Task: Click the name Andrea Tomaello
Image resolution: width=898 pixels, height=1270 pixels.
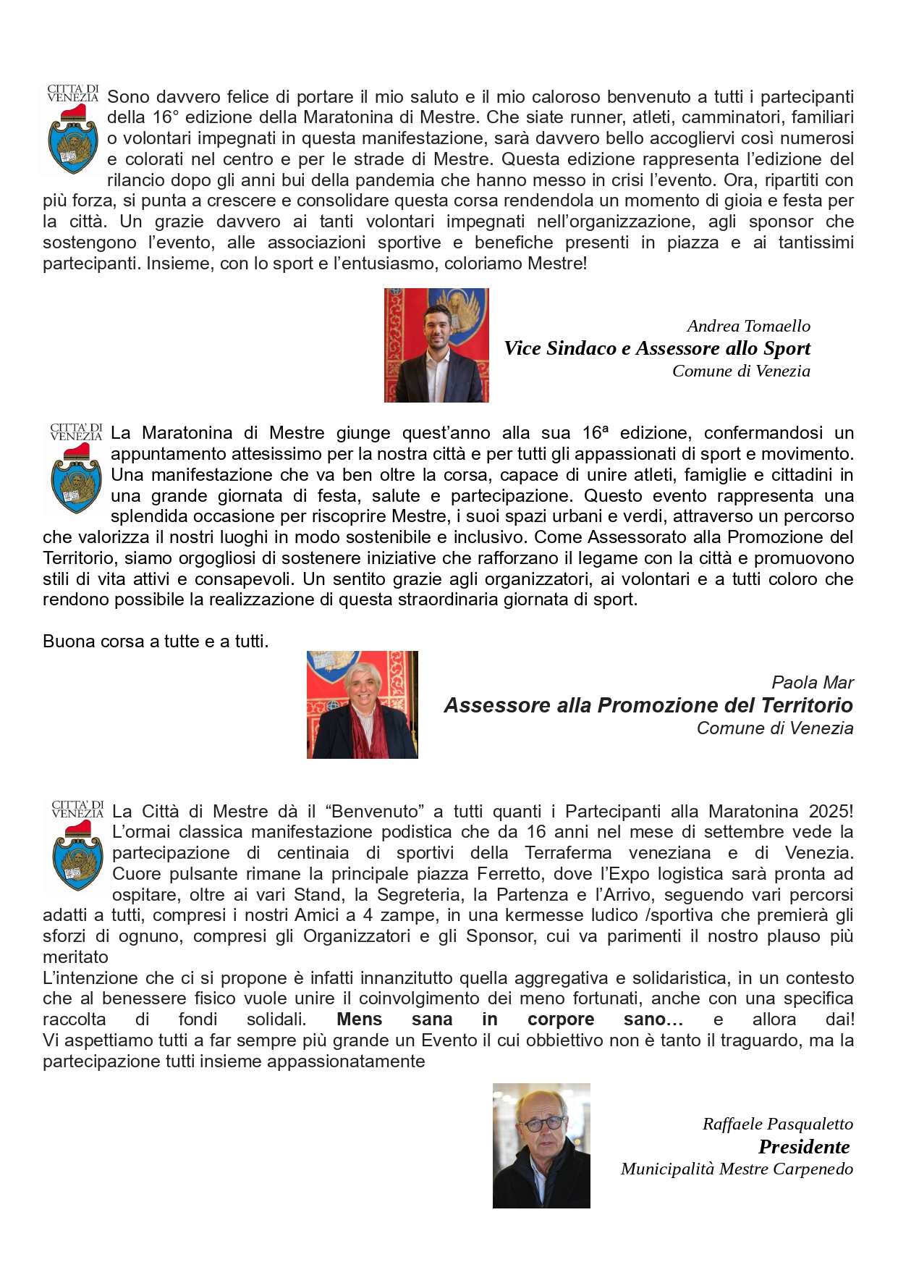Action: pos(748,326)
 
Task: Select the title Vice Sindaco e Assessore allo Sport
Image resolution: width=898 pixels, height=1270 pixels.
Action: pos(657,348)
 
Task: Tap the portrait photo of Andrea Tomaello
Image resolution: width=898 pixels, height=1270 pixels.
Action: pos(436,345)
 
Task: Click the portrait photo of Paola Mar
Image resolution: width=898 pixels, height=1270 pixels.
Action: pos(362,705)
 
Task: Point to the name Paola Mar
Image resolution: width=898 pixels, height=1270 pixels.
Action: pos(812,682)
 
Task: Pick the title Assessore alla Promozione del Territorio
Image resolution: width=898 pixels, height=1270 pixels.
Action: pos(648,705)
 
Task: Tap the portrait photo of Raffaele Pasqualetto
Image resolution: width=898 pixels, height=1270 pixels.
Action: pos(541,1145)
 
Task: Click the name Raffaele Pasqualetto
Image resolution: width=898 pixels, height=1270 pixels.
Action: pos(777,1124)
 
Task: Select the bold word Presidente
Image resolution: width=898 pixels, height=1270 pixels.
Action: pos(804,1147)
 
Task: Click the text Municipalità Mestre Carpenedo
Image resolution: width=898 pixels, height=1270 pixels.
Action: pos(737,1169)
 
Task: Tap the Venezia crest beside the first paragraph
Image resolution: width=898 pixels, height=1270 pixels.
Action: pos(72,130)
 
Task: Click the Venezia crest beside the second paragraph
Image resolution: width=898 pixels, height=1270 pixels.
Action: pos(76,469)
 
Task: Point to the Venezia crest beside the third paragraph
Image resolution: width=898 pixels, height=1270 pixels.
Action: pos(77,846)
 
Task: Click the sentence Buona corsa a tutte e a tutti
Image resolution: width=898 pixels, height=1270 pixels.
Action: pos(156,642)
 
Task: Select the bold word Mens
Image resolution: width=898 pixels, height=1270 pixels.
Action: pos(359,1019)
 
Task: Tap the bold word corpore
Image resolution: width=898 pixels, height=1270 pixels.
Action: pos(561,1019)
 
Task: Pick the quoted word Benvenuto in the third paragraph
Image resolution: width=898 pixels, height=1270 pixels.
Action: pos(376,812)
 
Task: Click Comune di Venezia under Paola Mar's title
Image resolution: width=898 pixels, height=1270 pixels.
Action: pos(774,728)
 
